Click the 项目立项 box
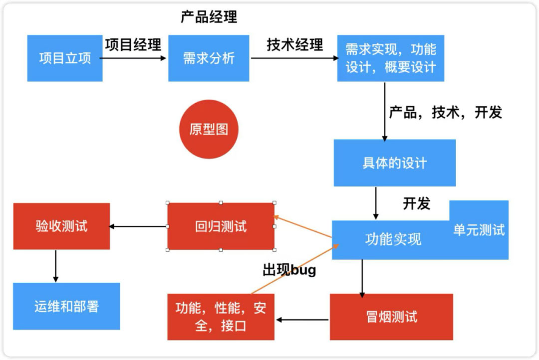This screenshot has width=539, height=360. click(x=65, y=58)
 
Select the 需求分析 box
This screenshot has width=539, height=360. click(x=209, y=58)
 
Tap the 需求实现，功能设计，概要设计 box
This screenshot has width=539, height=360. click(x=391, y=58)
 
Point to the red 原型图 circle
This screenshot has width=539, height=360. click(x=209, y=129)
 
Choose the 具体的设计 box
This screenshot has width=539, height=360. click(x=394, y=163)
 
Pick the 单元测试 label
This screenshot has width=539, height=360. click(x=479, y=230)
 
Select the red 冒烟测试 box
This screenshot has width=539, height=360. click(x=391, y=317)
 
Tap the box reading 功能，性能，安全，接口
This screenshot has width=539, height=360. click(x=221, y=317)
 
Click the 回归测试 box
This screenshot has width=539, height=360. click(x=221, y=227)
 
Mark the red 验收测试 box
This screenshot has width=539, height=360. click(x=61, y=226)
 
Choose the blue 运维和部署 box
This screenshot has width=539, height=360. click(x=66, y=306)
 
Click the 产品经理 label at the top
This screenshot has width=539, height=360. click(x=209, y=17)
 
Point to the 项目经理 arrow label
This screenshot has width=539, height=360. click(x=133, y=44)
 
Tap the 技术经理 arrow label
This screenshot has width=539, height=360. click(x=294, y=44)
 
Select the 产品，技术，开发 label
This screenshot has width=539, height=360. click(x=445, y=113)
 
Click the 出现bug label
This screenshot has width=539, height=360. click(x=289, y=271)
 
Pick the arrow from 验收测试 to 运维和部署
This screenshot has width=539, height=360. click(x=55, y=266)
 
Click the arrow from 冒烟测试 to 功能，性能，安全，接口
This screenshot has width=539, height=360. click(x=302, y=319)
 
